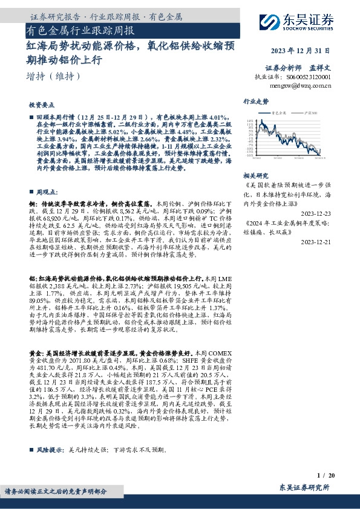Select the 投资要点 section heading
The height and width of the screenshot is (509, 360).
[42, 103]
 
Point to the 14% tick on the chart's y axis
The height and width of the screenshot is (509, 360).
[250, 121]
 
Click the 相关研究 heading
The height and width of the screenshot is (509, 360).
[255, 175]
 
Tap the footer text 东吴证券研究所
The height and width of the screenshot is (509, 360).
[304, 487]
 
